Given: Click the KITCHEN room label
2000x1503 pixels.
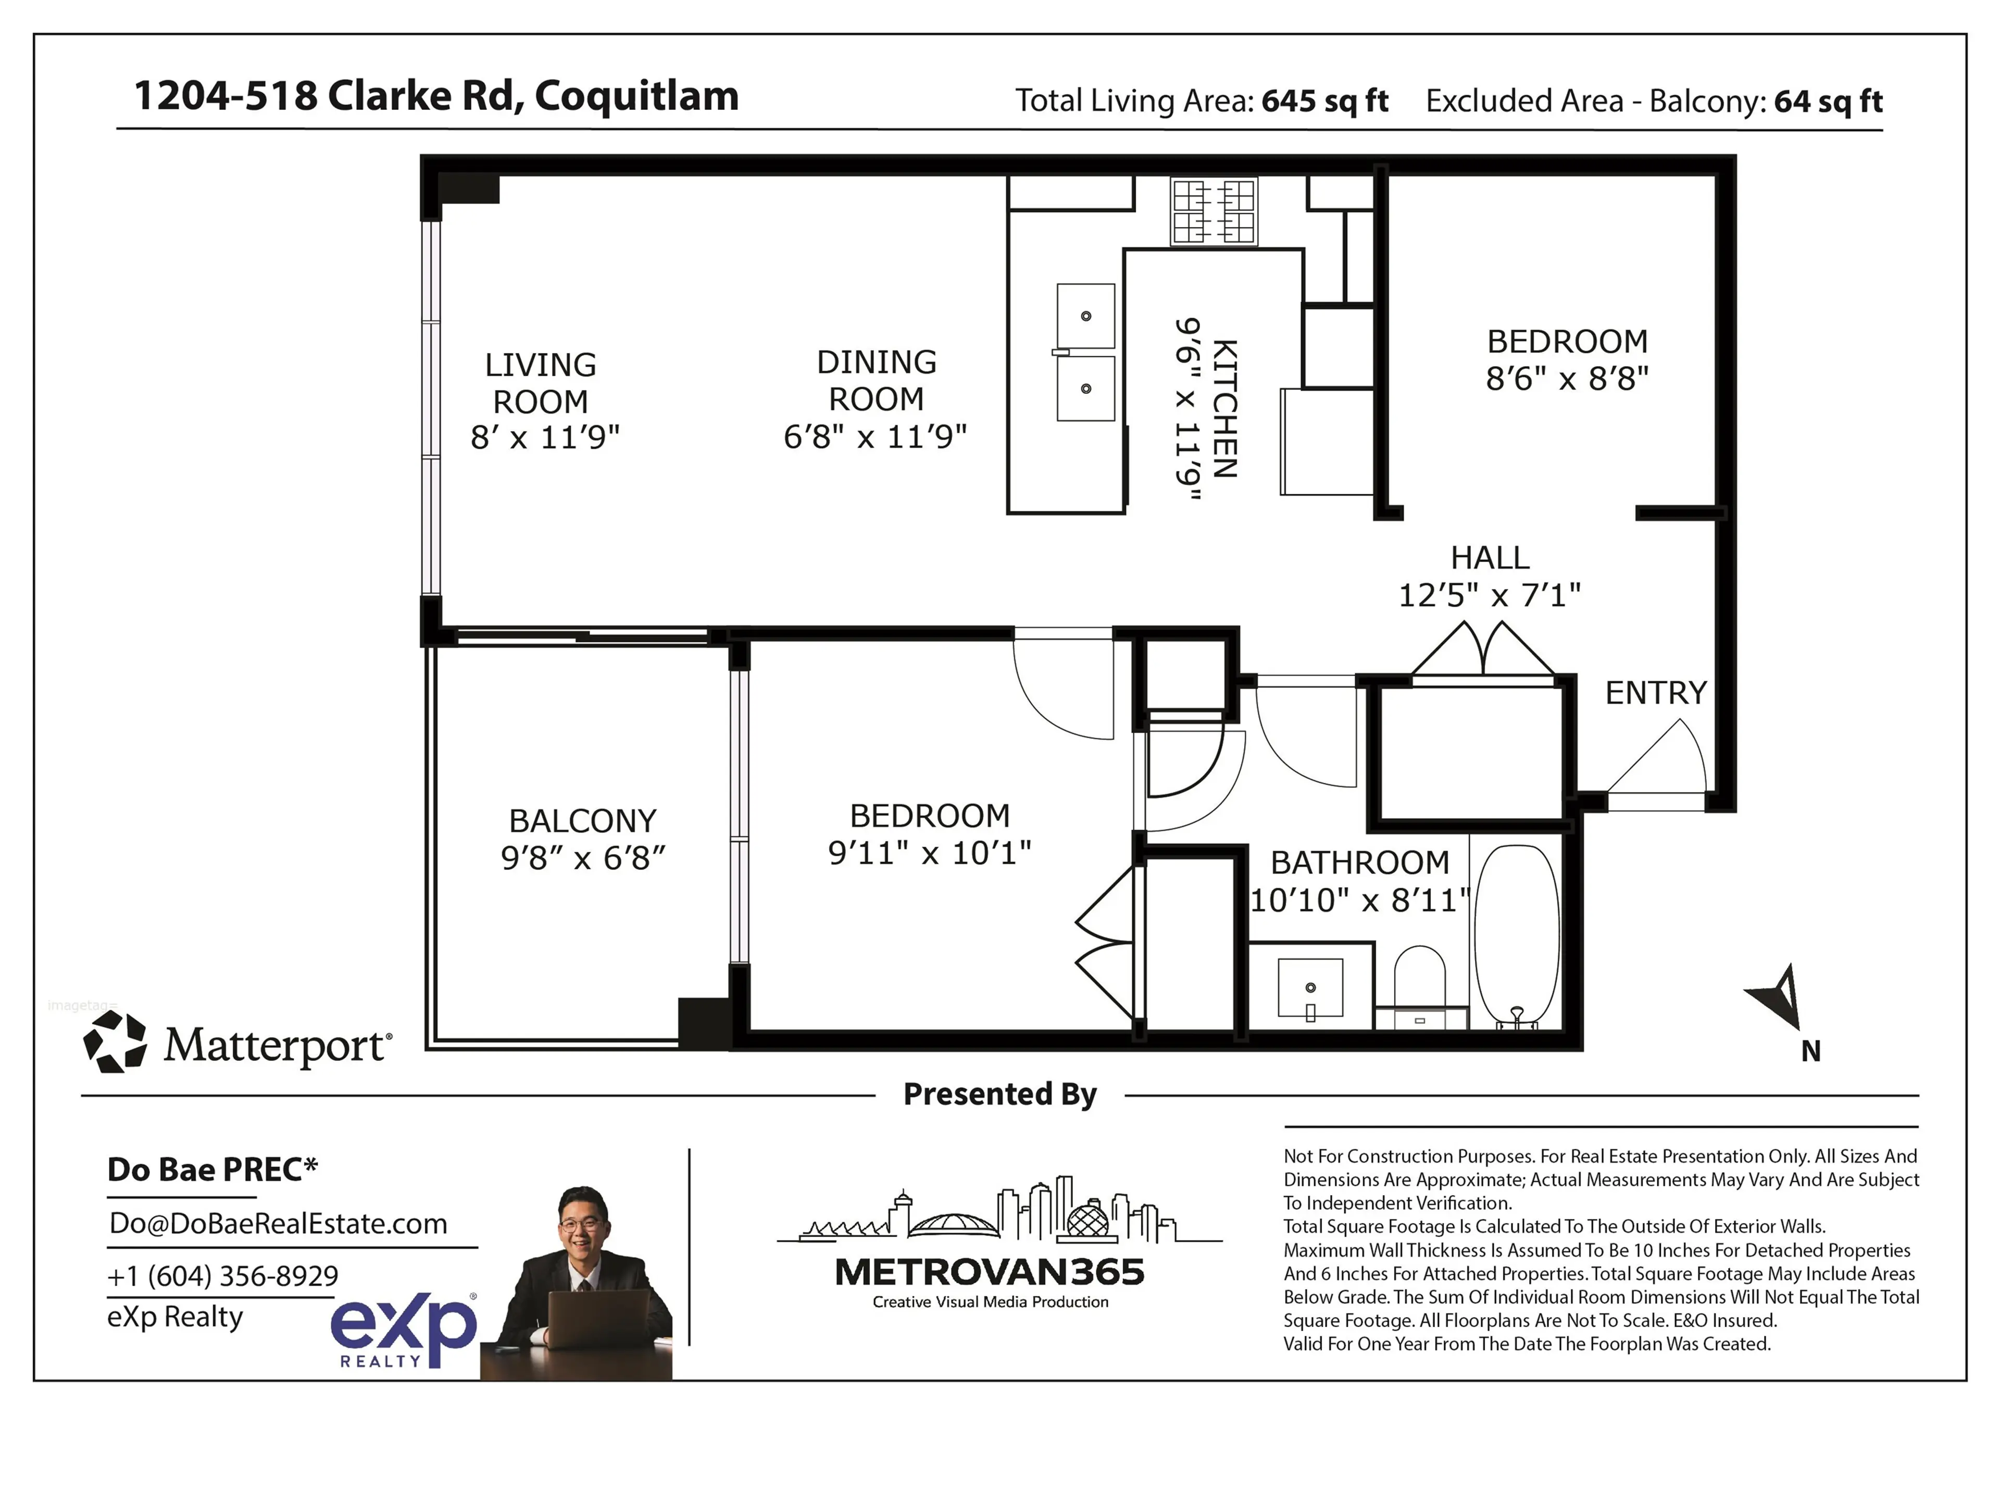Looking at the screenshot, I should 1224,409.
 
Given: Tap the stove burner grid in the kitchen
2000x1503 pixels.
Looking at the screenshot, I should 1214,211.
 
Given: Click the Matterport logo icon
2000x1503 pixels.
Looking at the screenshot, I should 115,1043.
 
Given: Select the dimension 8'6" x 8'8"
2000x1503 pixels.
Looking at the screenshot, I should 1567,379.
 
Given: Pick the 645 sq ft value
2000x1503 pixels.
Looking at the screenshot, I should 1323,101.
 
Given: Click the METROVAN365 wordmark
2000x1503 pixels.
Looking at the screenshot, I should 989,1272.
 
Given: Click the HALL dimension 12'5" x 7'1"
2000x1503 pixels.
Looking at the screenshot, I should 1489,595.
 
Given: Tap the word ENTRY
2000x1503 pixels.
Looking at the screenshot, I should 1656,693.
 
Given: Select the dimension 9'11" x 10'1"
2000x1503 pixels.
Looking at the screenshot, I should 930,853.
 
